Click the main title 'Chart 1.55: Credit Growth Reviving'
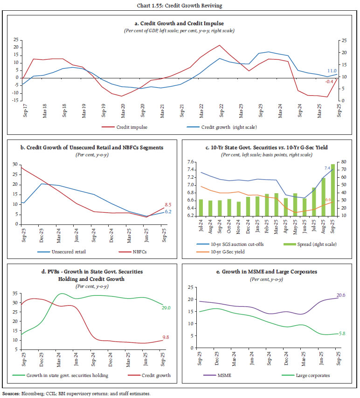pyautogui.click(x=180, y=5)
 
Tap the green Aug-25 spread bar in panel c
pyautogui.click(x=323, y=197)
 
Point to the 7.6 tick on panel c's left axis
pyautogui.click(x=190, y=162)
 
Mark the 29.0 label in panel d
pyautogui.click(x=166, y=307)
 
